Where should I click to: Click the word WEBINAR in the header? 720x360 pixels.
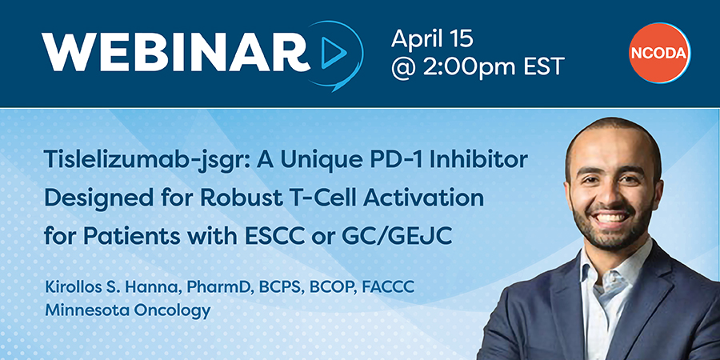coord(175,52)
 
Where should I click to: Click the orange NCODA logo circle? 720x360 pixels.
coord(659,53)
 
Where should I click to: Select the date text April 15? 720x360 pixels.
coord(432,38)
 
